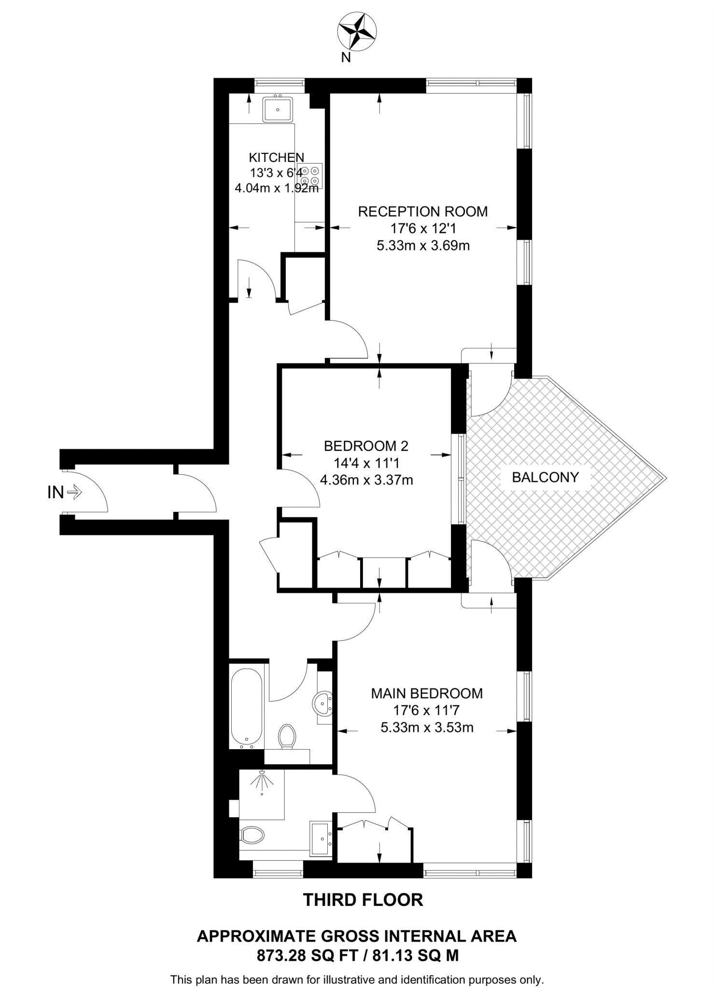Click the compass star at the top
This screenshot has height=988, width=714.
tap(357, 32)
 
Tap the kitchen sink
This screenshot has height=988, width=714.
tap(278, 110)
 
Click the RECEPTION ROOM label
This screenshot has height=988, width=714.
tap(422, 212)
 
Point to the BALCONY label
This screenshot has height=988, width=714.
tap(545, 477)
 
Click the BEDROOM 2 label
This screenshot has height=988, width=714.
tap(366, 445)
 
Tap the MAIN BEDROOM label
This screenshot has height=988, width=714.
tap(427, 693)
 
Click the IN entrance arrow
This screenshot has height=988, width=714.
tap(74, 493)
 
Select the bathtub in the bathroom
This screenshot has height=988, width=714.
tap(247, 707)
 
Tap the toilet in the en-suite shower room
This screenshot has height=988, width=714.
tap(252, 835)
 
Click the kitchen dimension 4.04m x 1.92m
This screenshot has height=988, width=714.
tap(277, 188)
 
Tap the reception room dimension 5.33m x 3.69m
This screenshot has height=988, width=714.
tap(423, 246)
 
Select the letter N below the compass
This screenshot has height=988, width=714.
tap(346, 58)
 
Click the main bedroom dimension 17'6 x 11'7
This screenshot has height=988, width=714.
tap(427, 710)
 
